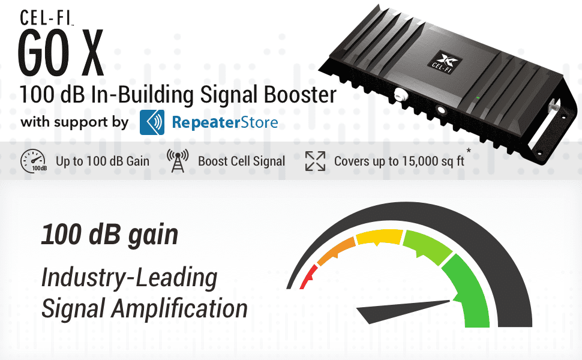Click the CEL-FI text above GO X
coord(47,17)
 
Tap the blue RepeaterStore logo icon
coord(152,122)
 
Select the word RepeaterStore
coord(225,123)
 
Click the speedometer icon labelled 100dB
coord(33,161)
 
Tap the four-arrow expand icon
coord(314,161)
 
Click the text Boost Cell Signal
coord(241,161)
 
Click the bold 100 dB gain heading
coord(109,235)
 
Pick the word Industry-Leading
coord(129,278)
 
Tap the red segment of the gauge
coord(307,277)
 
